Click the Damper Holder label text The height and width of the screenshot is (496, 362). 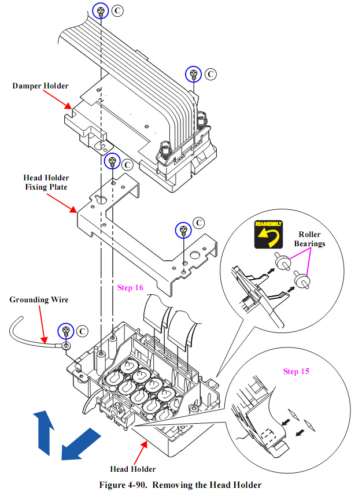click(x=40, y=86)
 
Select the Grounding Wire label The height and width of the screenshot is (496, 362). click(x=39, y=299)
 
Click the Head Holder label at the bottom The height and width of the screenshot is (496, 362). click(x=132, y=468)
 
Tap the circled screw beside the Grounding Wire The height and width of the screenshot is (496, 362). click(x=67, y=331)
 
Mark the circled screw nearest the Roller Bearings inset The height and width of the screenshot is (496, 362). click(x=183, y=230)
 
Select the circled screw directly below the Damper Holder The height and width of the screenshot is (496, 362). click(x=112, y=162)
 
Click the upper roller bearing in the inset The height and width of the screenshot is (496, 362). click(x=283, y=261)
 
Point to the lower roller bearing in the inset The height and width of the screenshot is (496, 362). click(x=302, y=282)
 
